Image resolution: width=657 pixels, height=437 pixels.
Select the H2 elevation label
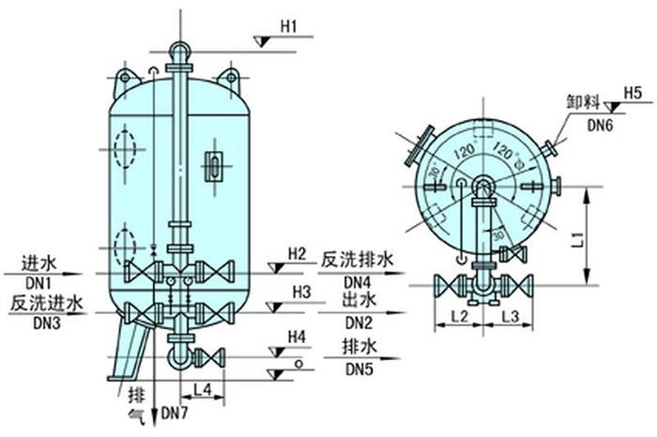click(298, 253)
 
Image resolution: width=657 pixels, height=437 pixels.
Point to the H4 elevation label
click(297, 336)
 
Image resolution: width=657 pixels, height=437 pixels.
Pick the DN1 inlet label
click(37, 281)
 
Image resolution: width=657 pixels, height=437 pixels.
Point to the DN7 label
click(176, 413)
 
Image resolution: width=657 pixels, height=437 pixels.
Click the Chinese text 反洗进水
click(48, 303)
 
